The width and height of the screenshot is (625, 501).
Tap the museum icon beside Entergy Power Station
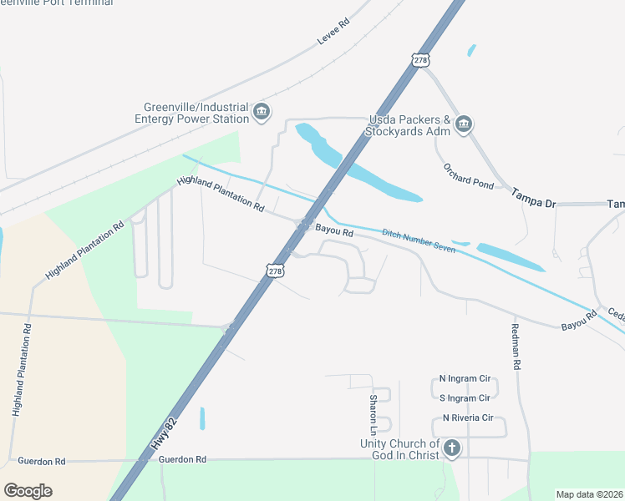pos(262,112)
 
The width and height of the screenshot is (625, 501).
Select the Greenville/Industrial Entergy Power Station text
pos(196,113)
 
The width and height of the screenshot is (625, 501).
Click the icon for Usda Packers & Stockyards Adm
pos(464,125)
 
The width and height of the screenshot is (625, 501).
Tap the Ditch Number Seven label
pos(419,240)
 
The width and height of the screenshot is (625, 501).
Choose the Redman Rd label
pos(516,347)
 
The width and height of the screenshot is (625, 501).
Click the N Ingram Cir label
pos(465,378)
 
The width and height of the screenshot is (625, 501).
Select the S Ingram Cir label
pos(465,397)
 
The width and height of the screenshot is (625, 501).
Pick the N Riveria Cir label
pos(468,417)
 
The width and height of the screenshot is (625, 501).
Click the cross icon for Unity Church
pos(451,448)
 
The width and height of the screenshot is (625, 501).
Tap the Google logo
pos(28,491)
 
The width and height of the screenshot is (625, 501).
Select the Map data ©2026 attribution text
pos(588,494)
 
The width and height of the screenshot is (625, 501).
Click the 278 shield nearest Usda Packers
pos(420,60)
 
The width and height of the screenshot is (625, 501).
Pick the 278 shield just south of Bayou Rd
pos(276,271)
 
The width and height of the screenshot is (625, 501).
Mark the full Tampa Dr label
pos(533,191)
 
